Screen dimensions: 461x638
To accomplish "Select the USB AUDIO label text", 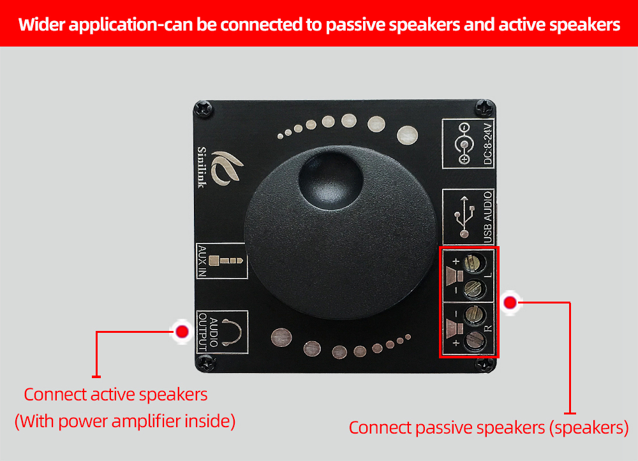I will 488,216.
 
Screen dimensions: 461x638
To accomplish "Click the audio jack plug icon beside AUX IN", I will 228,260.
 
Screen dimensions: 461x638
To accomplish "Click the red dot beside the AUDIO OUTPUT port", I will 182,332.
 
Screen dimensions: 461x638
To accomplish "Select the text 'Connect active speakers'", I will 115,394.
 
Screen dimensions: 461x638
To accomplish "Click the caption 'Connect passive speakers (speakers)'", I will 488,427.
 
